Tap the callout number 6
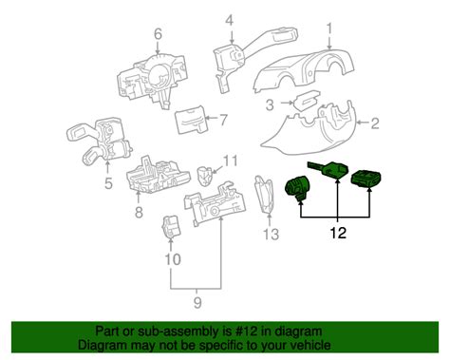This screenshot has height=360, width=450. click(158, 33)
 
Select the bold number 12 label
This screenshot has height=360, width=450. click(338, 233)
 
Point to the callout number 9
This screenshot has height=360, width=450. click(197, 303)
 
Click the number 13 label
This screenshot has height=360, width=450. click(272, 235)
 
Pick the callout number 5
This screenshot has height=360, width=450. click(108, 183)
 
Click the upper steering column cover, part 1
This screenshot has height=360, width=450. click(304, 71)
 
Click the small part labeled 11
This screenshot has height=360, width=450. click(205, 176)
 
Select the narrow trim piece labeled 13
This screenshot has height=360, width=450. click(265, 195)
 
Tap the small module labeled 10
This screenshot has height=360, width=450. click(171, 227)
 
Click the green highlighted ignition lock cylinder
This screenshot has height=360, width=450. click(297, 188)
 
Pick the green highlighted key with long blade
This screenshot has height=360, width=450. click(328, 169)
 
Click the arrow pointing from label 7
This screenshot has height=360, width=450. click(211, 119)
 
